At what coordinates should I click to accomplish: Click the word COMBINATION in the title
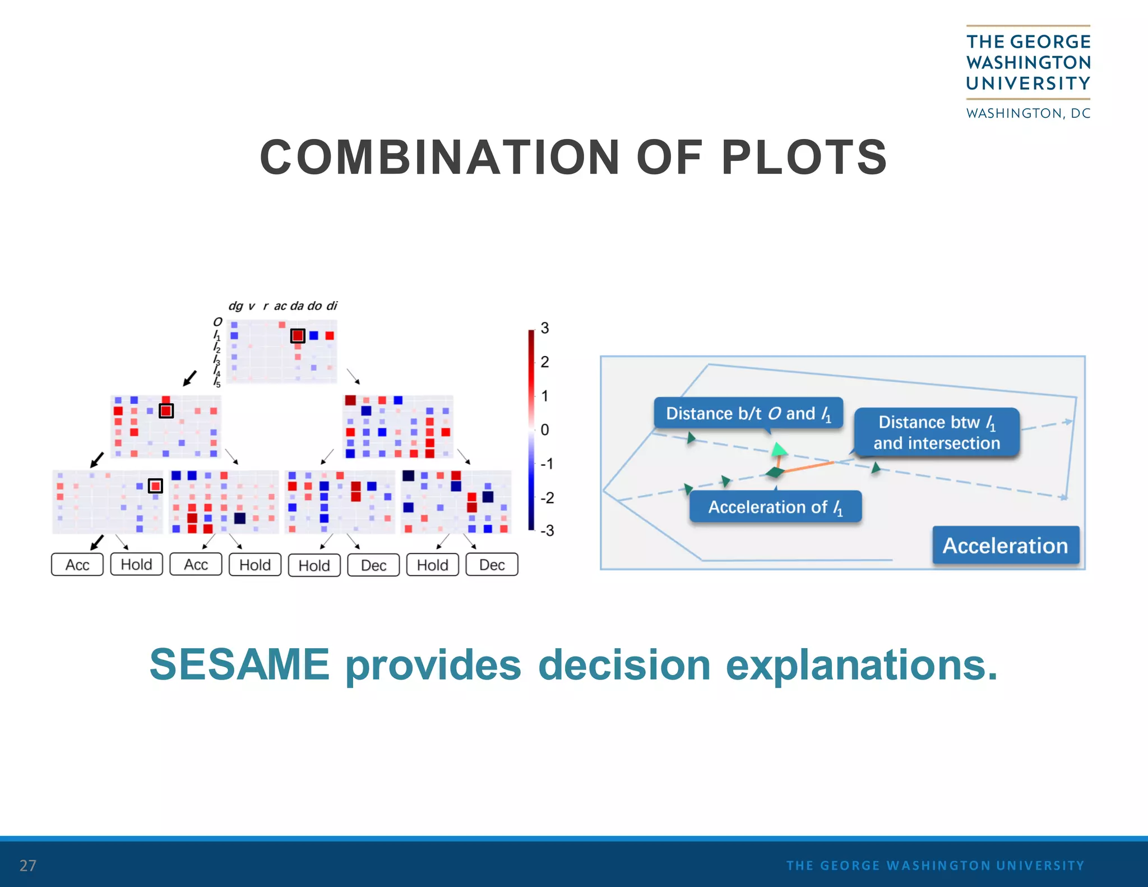click(439, 158)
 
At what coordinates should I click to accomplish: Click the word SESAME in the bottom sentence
click(239, 664)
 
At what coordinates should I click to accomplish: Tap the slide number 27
click(27, 865)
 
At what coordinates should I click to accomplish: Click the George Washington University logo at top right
click(1028, 72)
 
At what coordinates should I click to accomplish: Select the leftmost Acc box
click(77, 565)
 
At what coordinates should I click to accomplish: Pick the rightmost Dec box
click(492, 565)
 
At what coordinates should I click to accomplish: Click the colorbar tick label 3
click(544, 328)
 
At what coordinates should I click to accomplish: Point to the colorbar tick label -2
click(547, 497)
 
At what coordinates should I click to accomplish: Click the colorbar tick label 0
click(544, 430)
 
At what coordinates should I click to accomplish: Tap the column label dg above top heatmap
click(235, 306)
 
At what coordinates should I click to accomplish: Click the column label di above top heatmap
click(332, 306)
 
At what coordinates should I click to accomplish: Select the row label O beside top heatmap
click(217, 322)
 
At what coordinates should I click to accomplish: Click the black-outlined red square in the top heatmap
click(298, 336)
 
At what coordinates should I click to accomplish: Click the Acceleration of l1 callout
click(775, 507)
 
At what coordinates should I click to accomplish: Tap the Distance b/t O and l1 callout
click(748, 414)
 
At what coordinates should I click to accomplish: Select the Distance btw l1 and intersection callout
click(936, 432)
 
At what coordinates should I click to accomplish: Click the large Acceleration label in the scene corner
click(1005, 546)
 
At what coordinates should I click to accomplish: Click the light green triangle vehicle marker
click(779, 449)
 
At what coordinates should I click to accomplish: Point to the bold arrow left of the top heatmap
click(190, 378)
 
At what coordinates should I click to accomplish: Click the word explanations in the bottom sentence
click(862, 664)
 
